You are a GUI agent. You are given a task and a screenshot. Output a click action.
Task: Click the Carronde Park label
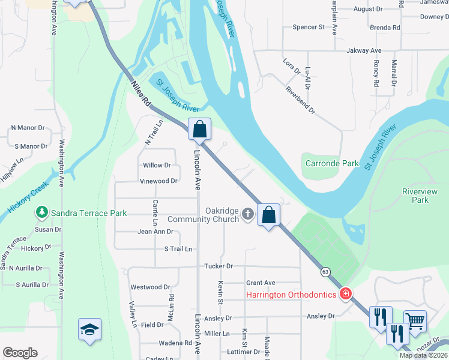(332, 163)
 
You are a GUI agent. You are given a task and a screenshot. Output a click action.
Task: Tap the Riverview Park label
(420, 196)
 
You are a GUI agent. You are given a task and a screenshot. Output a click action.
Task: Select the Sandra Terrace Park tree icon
(41, 212)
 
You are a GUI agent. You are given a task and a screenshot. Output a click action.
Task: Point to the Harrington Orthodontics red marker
(345, 293)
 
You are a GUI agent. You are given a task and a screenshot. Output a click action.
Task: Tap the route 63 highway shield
(325, 272)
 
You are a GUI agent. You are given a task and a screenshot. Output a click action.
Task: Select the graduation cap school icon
(89, 329)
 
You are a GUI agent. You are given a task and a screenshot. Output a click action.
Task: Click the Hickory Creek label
(28, 199)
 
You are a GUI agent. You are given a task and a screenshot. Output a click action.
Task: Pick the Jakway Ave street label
(364, 51)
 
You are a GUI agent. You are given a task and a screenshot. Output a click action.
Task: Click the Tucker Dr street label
(218, 266)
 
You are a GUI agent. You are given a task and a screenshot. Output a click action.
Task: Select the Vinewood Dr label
(158, 181)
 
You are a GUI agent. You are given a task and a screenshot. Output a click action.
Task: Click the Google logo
(20, 353)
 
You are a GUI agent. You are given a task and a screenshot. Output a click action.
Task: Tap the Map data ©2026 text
(424, 355)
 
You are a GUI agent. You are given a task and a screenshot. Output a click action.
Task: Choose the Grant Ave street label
(261, 283)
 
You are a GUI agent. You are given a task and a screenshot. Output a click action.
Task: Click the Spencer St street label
(309, 27)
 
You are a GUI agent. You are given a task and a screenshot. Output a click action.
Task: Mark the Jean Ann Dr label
(155, 232)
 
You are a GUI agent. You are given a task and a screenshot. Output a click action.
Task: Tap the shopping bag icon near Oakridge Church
(269, 214)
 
